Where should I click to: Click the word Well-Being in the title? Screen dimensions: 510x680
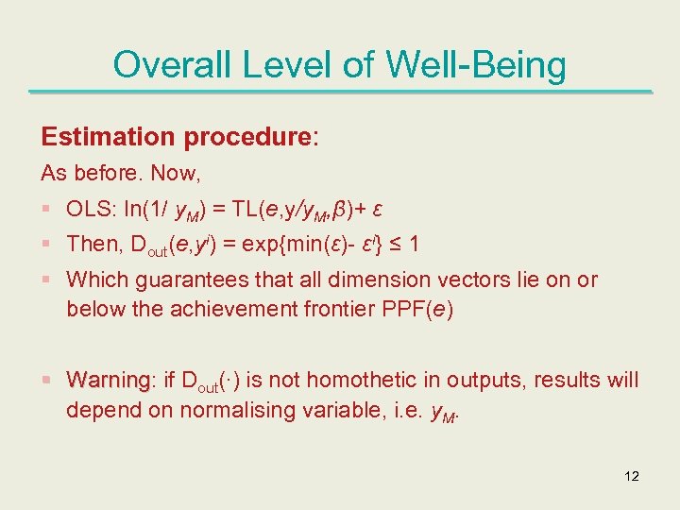[x=476, y=65]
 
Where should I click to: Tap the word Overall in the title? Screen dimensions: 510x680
[x=168, y=65]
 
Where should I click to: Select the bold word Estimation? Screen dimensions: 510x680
[x=108, y=137]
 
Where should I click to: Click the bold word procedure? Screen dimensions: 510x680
[x=246, y=137]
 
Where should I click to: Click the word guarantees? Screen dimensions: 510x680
[x=178, y=280]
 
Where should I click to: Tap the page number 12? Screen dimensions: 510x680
[x=632, y=476]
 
